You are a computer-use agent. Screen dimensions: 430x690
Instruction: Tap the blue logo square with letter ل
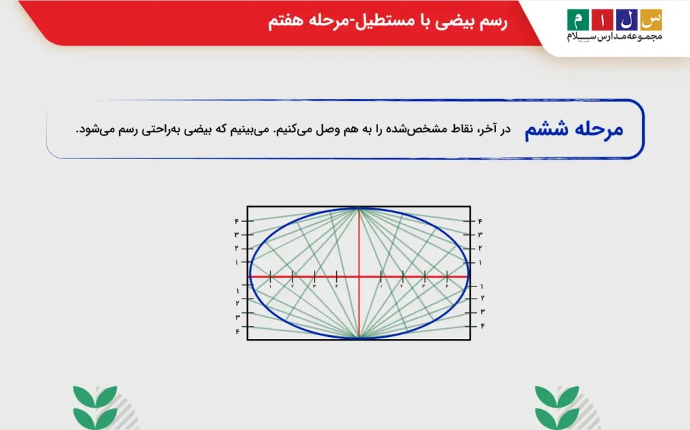tap(625, 20)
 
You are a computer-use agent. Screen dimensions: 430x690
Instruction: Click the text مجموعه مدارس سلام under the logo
tap(615, 37)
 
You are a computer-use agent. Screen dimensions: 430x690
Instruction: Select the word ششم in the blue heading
tap(546, 130)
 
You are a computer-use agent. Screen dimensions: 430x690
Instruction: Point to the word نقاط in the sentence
tap(461, 129)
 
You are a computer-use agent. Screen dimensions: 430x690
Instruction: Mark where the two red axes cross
tap(359, 276)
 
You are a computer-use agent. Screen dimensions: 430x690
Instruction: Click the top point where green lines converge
tap(359, 208)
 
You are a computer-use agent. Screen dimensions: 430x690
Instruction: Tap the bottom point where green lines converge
tap(359, 338)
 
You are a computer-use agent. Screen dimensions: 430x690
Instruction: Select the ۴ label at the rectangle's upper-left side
tap(237, 221)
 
